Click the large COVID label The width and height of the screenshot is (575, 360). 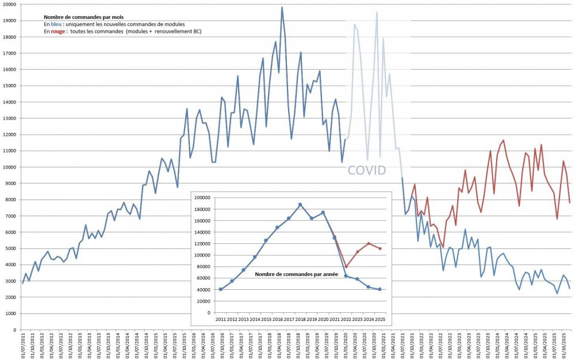tap(366, 170)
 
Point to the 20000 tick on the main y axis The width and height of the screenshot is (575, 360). tap(9, 4)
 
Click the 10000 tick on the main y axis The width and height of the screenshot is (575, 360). tap(9, 167)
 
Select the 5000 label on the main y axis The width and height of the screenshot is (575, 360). tap(10, 249)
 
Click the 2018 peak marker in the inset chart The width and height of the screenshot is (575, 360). tap(300, 205)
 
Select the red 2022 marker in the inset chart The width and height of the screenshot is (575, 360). tap(346, 266)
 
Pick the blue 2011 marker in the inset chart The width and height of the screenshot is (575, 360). tap(220, 289)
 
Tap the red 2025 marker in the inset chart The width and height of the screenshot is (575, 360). tap(380, 248)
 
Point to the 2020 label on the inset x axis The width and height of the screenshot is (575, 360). tap(323, 319)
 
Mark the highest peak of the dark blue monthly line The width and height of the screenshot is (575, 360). tap(282, 7)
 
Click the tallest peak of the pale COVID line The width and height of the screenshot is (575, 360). tap(377, 12)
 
